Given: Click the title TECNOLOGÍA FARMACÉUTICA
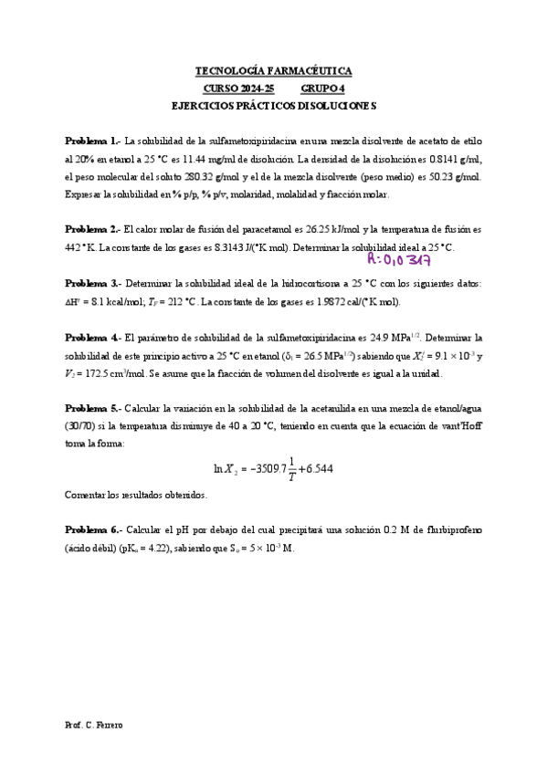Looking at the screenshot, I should click(274, 70).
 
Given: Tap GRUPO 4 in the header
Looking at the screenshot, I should click(323, 88).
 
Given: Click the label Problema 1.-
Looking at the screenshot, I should click(92, 141).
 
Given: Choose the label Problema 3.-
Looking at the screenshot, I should click(92, 284).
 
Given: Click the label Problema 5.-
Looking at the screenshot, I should click(92, 409).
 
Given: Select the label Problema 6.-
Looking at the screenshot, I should click(92, 530).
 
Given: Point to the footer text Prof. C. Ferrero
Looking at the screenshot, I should click(94, 724).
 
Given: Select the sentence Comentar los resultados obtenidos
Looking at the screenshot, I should click(136, 495).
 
